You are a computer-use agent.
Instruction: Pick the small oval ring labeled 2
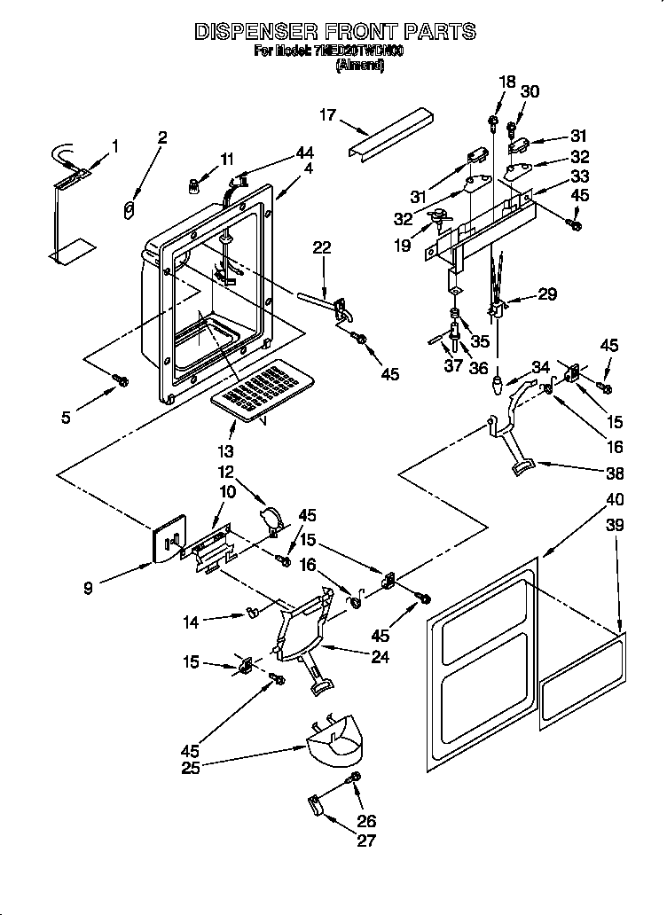tap(129, 210)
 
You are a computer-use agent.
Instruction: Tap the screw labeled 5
tap(122, 380)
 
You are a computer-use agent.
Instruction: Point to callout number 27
tap(365, 841)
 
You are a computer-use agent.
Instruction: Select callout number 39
tap(614, 525)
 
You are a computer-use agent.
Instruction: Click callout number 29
tap(547, 294)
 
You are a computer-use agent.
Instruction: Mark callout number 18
tap(506, 82)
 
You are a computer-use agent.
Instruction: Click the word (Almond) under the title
tap(360, 65)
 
